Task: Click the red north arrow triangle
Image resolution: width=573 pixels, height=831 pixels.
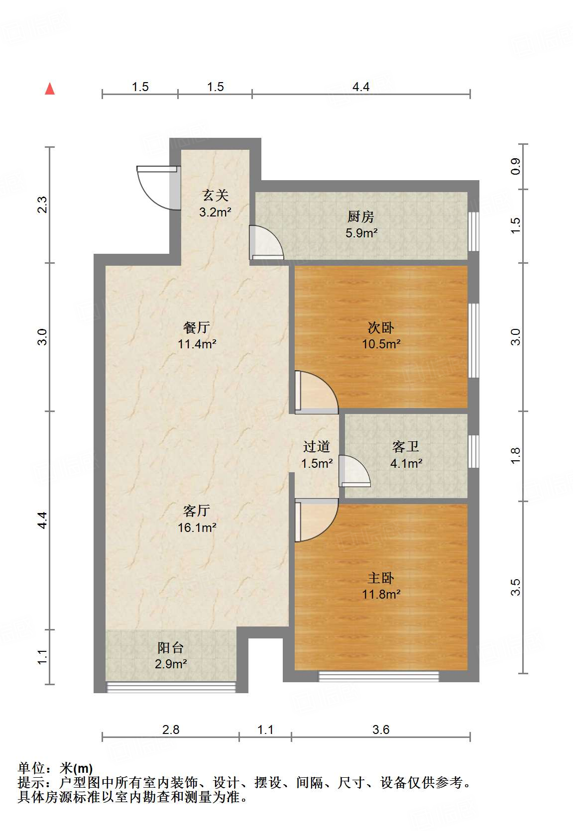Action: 50,89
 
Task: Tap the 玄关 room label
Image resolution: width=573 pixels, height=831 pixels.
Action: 215,196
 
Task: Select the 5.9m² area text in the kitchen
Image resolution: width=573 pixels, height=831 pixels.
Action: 361,233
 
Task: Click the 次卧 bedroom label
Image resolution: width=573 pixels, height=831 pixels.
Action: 381,327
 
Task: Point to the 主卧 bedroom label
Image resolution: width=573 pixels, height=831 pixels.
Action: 381,578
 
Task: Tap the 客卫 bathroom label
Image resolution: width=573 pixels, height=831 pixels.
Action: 406,446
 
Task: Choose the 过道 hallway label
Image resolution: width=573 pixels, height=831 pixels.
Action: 316,446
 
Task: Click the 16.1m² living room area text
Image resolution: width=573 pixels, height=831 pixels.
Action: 197,527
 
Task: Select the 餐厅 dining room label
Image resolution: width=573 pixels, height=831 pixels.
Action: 197,327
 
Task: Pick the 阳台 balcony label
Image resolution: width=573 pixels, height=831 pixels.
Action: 170,648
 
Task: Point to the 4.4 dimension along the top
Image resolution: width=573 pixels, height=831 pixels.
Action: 361,87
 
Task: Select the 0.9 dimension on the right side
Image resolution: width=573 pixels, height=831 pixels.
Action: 515,166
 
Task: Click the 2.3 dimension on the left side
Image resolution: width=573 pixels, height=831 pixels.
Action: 42,205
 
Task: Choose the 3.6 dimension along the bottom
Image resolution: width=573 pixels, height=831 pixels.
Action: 381,729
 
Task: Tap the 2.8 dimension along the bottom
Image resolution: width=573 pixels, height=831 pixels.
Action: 171,729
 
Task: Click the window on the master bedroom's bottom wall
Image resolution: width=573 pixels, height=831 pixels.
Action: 378,676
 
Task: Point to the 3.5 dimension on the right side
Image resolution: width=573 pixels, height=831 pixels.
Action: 515,587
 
